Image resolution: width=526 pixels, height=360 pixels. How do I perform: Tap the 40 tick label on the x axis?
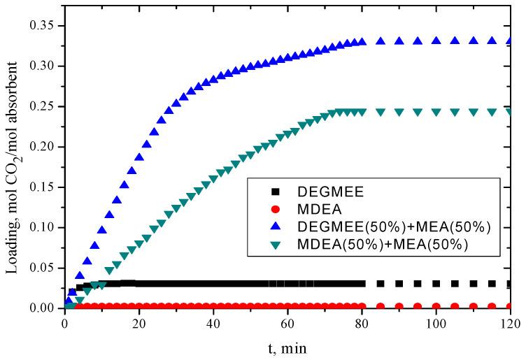pos(213,324)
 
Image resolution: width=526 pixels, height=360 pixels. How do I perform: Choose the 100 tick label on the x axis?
pos(436,324)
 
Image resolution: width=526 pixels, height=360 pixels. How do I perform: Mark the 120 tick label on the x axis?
pos(509,324)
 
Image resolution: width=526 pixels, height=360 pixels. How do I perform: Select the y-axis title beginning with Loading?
pos(13,168)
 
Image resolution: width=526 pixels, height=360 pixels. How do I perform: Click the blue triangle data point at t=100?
pos(436,41)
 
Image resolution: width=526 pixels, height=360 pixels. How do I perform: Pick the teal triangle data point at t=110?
pos(473,111)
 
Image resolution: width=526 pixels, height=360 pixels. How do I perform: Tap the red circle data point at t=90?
pos(399,306)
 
